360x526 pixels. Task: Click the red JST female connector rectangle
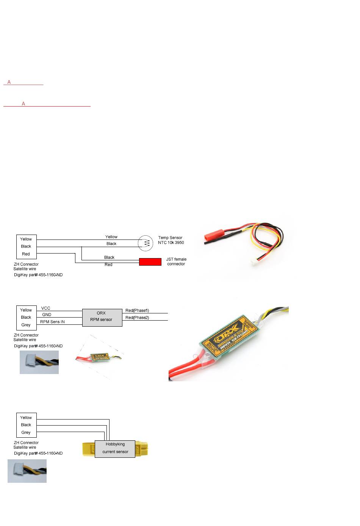tap(150, 261)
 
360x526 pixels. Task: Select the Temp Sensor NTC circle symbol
tap(145, 243)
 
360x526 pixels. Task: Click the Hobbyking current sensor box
tap(115, 448)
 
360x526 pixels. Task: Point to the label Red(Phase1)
tap(137, 310)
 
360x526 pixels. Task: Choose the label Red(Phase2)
tap(137, 318)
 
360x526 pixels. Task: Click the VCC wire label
tap(46, 308)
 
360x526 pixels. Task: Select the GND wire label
tap(47, 315)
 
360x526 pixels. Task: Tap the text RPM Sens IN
tap(52, 322)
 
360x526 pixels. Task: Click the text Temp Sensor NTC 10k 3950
tap(171, 240)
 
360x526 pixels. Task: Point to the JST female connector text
tap(176, 261)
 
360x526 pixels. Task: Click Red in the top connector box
tap(26, 254)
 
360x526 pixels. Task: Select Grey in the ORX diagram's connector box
tap(26, 325)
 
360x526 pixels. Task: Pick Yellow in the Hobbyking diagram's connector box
tap(26, 418)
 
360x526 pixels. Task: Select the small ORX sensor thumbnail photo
tap(99, 357)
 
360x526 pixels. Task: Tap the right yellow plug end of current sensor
tap(142, 449)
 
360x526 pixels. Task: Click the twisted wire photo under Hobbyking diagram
tap(27, 471)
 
